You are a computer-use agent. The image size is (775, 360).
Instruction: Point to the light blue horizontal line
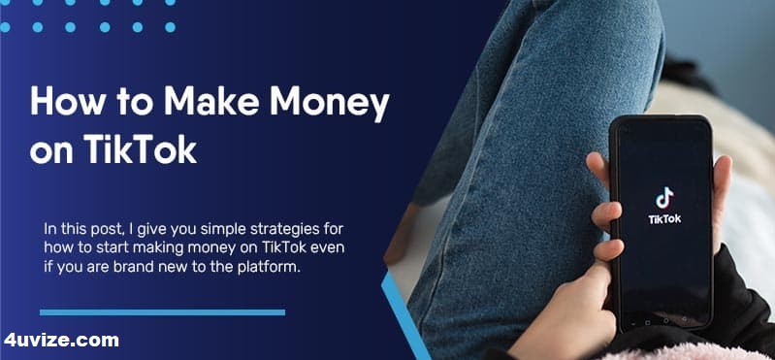[162, 312]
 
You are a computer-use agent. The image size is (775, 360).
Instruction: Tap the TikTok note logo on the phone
[663, 198]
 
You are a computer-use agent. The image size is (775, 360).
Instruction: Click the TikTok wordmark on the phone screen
[663, 219]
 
